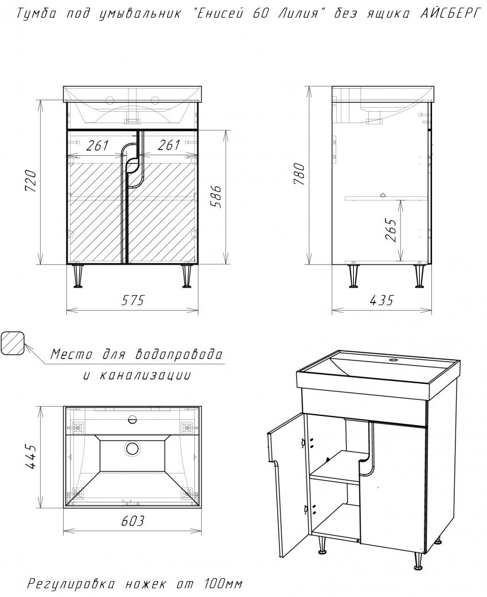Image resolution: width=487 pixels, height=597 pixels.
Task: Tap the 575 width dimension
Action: (133, 300)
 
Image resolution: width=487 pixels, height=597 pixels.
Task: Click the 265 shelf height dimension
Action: (391, 229)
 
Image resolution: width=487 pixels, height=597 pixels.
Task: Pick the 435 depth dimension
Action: (381, 300)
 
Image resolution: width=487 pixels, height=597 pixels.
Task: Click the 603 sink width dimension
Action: (133, 520)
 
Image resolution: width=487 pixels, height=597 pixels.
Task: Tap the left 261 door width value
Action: (98, 145)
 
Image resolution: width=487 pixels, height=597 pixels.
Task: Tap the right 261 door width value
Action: (169, 145)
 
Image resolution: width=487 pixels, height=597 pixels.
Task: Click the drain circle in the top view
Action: (133, 448)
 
